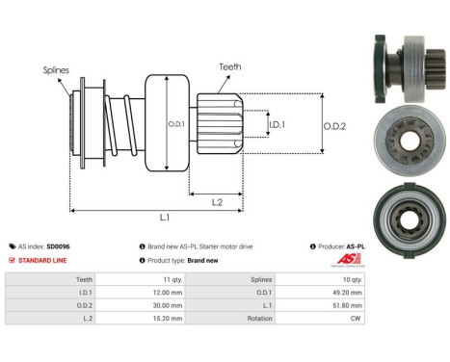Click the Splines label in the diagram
tap(56, 69)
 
